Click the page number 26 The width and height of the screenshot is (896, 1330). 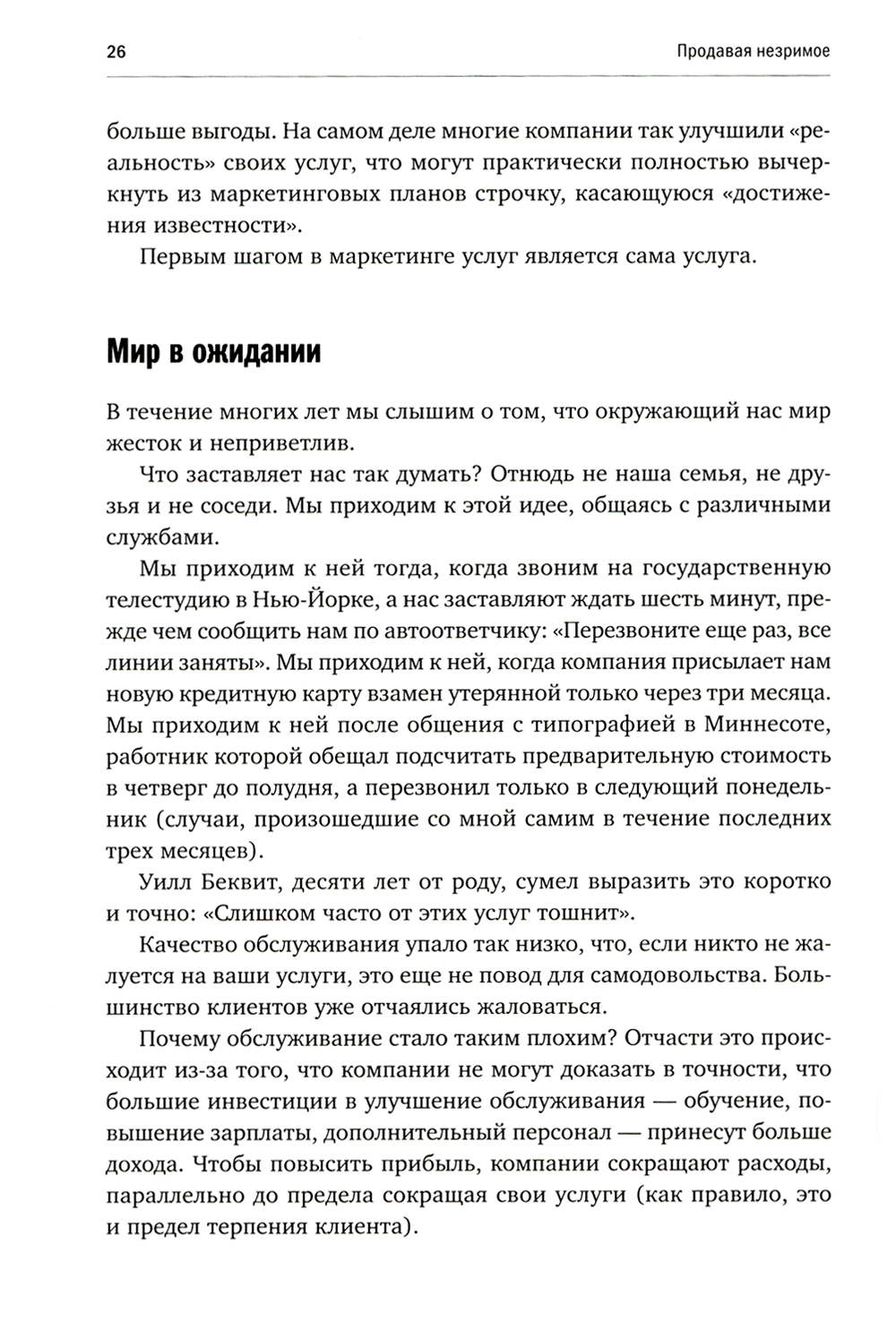116,51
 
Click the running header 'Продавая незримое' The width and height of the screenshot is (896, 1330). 753,51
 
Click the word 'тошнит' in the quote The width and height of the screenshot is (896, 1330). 583,914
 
